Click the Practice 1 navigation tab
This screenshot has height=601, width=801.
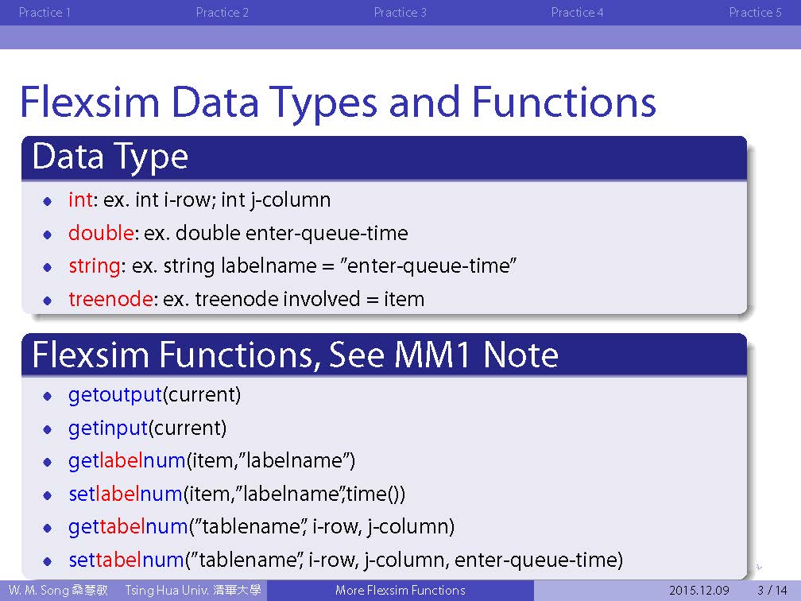[44, 12]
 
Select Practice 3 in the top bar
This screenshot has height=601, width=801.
[400, 12]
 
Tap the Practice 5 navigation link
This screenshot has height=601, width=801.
[755, 12]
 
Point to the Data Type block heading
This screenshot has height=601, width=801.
[110, 157]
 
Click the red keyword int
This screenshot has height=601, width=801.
[81, 200]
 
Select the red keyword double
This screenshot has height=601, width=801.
[101, 233]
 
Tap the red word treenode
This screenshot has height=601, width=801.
[110, 299]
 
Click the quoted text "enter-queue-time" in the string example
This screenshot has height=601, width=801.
[428, 266]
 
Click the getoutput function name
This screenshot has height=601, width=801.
[115, 395]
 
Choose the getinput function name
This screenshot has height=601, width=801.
[108, 428]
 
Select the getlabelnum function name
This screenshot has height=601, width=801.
[126, 461]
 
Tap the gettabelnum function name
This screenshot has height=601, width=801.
[128, 527]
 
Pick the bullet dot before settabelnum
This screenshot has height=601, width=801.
[48, 561]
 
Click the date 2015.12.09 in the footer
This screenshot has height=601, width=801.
[698, 590]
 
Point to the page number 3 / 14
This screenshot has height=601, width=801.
[772, 590]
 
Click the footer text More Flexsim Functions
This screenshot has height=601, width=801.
[400, 590]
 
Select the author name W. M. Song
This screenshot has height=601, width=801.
[39, 590]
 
